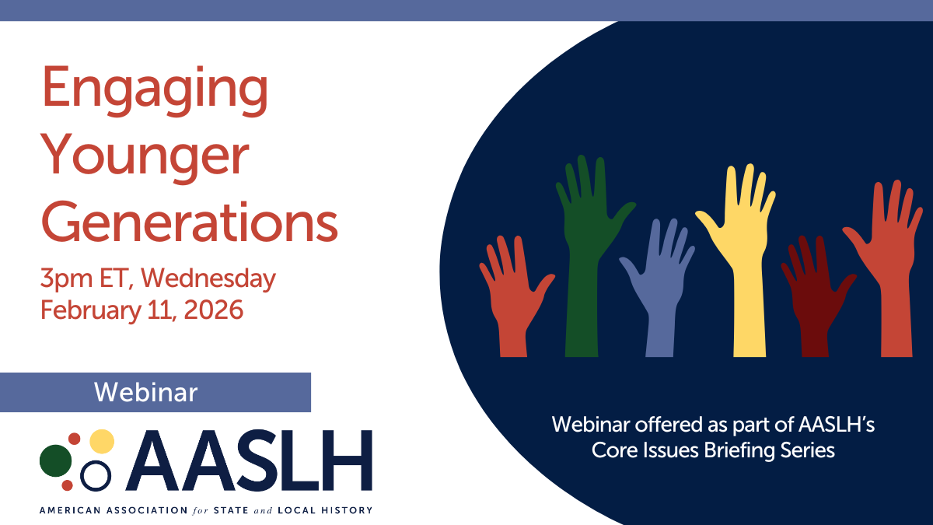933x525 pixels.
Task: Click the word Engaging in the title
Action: (x=155, y=91)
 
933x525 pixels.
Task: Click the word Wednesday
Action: (x=208, y=278)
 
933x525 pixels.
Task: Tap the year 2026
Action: (x=213, y=310)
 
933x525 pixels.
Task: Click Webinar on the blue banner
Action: (x=146, y=393)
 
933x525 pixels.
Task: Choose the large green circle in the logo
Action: (x=56, y=460)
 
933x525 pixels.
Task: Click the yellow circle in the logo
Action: (x=102, y=441)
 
